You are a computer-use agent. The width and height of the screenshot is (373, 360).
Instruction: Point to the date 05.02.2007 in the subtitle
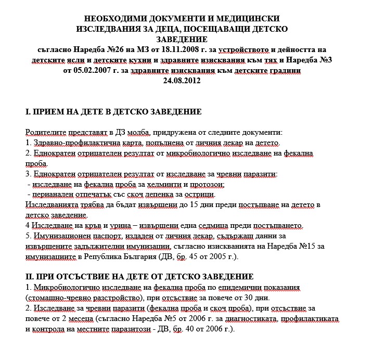tap(86, 70)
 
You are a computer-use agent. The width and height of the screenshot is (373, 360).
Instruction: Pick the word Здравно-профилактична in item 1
tap(70, 143)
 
